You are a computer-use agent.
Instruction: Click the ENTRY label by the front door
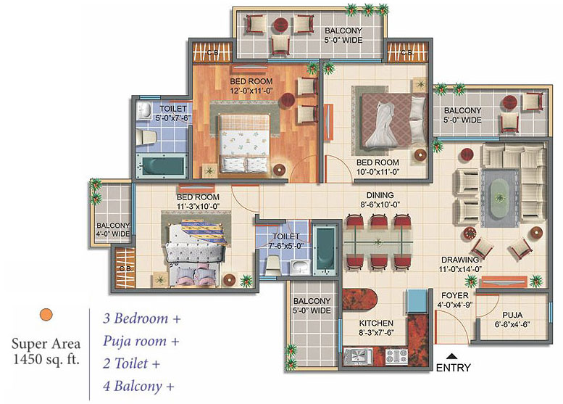coord(453,368)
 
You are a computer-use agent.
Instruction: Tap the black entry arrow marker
coord(451,356)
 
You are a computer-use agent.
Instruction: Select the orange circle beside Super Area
coord(46,315)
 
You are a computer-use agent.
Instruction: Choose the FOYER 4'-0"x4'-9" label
coord(454,300)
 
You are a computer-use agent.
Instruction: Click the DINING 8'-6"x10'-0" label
coord(380,200)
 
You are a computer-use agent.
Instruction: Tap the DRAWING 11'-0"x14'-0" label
coord(460,264)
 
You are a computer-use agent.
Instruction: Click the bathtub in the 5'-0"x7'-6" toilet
coord(161,166)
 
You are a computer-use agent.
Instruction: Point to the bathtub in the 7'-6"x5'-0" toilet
coord(325,250)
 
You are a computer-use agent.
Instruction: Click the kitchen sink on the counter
coord(358,357)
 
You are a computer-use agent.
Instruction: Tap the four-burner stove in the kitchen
coord(396,357)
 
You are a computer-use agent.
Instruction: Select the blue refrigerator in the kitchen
coord(417,301)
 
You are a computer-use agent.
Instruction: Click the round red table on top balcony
coord(281,25)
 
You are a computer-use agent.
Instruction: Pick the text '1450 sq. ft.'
coord(46,359)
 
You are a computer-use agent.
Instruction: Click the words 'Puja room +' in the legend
coord(141,341)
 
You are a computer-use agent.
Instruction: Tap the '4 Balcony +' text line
coord(138,386)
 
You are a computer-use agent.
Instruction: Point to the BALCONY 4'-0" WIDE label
coord(113,229)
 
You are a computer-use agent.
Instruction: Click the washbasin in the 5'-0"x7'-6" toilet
coord(144,110)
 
